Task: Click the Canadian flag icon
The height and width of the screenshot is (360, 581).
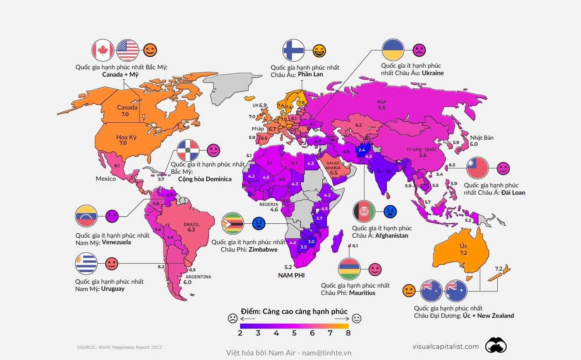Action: tap(103, 50)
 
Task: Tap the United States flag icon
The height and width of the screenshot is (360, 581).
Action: tap(127, 50)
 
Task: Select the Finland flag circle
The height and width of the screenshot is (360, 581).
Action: tap(293, 50)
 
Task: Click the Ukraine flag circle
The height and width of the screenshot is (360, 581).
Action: tap(393, 50)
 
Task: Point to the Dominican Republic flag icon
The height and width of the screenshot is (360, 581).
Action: tap(188, 150)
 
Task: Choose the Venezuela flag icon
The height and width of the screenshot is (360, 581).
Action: tap(86, 216)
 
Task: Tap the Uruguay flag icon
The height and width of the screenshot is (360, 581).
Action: tap(86, 264)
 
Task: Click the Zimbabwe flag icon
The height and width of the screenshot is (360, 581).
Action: tap(232, 223)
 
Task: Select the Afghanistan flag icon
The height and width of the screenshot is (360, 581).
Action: tap(364, 211)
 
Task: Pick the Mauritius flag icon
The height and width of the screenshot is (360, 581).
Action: tap(349, 269)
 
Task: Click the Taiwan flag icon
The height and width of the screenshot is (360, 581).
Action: tap(477, 168)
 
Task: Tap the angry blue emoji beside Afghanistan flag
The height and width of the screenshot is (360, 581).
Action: tap(390, 211)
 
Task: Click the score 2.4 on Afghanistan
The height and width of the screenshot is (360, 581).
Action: tap(361, 150)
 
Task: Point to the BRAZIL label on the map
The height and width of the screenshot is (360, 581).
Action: tap(192, 225)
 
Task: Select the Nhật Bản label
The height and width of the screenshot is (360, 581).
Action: tap(481, 138)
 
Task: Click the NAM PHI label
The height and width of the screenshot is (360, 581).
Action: tap(291, 275)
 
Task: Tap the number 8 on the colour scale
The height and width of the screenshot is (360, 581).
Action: tap(348, 333)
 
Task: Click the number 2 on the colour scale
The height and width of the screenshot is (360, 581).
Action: tap(240, 333)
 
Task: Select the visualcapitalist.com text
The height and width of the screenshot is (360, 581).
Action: tap(445, 346)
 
